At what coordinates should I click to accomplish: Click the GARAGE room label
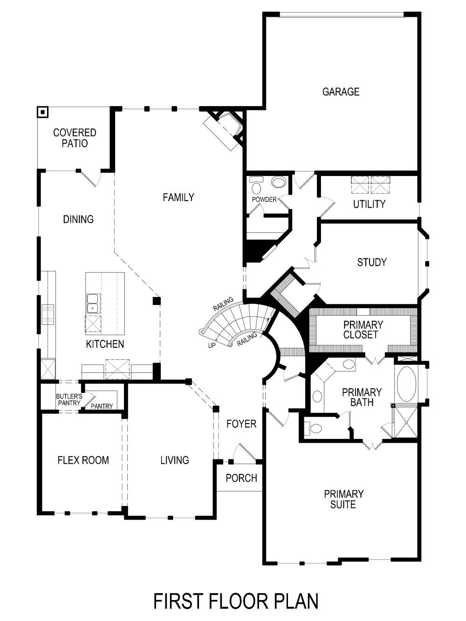[341, 92]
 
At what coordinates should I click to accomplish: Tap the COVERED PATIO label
[75, 138]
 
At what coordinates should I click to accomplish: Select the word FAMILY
[178, 197]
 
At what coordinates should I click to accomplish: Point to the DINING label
[78, 219]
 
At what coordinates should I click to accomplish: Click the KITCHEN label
[105, 344]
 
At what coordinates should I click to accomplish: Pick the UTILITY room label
[369, 204]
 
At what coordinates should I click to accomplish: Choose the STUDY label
[371, 262]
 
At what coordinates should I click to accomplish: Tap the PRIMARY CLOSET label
[363, 330]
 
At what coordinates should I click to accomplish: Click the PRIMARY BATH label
[362, 397]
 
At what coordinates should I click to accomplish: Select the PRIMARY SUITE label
[343, 499]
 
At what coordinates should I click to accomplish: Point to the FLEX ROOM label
[83, 460]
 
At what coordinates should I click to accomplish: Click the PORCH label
[241, 478]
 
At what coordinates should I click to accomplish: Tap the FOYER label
[241, 424]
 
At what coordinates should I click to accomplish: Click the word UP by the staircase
[212, 345]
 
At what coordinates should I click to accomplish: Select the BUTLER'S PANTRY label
[69, 399]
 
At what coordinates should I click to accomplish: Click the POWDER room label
[264, 200]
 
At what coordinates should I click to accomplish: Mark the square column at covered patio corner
[43, 112]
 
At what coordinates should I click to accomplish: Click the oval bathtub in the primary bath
[406, 384]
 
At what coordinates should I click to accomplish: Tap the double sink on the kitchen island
[93, 303]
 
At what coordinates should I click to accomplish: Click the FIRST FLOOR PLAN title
[236, 601]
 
